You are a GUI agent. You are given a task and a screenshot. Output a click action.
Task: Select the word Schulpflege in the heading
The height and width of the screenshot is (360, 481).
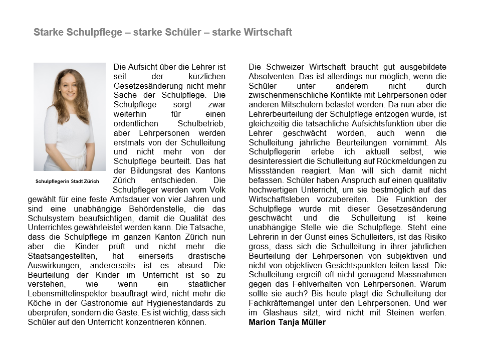(95, 33)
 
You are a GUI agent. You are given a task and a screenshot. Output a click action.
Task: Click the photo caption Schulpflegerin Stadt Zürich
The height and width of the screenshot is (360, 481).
(67, 181)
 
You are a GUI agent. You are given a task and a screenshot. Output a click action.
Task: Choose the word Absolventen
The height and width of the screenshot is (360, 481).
(270, 76)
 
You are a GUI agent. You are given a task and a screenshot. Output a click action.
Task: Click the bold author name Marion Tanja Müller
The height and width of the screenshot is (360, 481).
(287, 322)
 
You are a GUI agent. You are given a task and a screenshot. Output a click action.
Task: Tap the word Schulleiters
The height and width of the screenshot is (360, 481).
(377, 237)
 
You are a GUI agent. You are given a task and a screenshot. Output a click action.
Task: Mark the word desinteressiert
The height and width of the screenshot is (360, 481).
(276, 161)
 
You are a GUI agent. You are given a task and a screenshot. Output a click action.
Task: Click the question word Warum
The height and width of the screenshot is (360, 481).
(435, 285)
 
